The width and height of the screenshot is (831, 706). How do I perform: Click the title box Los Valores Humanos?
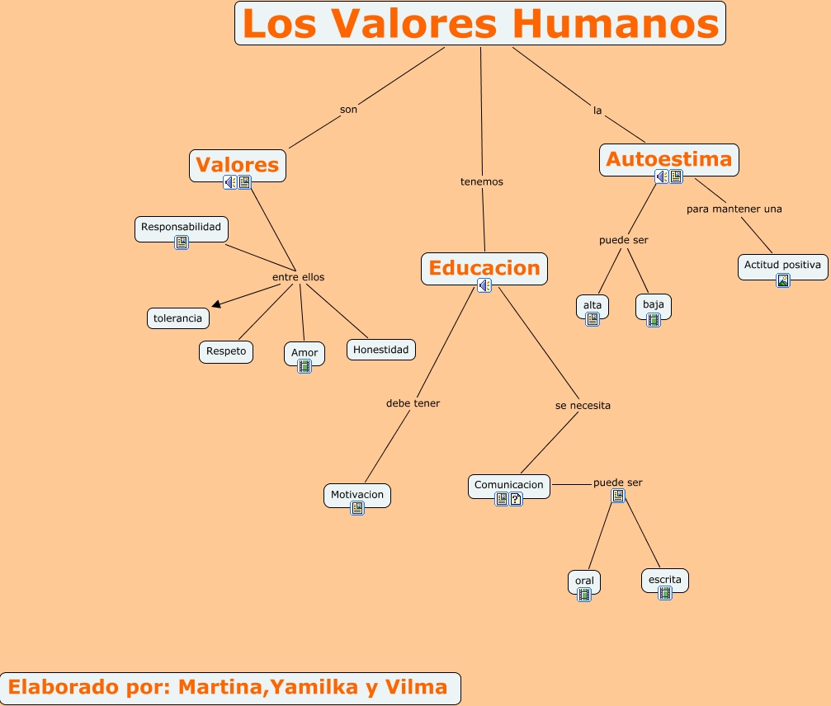(480, 24)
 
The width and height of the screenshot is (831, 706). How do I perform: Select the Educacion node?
(484, 268)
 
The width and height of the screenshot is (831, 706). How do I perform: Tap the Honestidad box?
(380, 350)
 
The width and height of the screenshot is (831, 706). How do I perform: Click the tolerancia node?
(177, 318)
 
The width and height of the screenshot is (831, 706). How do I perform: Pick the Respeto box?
(226, 351)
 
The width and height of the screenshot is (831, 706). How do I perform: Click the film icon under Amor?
(305, 366)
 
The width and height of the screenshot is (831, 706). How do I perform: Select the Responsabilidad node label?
(181, 227)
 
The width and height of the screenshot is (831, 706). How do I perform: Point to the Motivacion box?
(356, 495)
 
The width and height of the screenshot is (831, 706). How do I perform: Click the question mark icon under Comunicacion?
(516, 499)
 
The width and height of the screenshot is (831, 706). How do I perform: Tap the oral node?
(584, 581)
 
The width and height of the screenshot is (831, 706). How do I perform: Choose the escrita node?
(664, 580)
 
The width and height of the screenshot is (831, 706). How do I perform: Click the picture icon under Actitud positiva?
(783, 280)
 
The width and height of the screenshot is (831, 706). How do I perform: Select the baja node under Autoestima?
(653, 305)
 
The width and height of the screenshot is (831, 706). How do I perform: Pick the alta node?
(593, 305)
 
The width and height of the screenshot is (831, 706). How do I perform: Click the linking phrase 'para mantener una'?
(734, 209)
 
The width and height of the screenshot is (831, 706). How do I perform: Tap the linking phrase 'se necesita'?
(583, 406)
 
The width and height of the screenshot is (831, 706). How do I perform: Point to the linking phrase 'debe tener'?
(413, 403)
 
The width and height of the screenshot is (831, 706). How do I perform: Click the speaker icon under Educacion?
(484, 285)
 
